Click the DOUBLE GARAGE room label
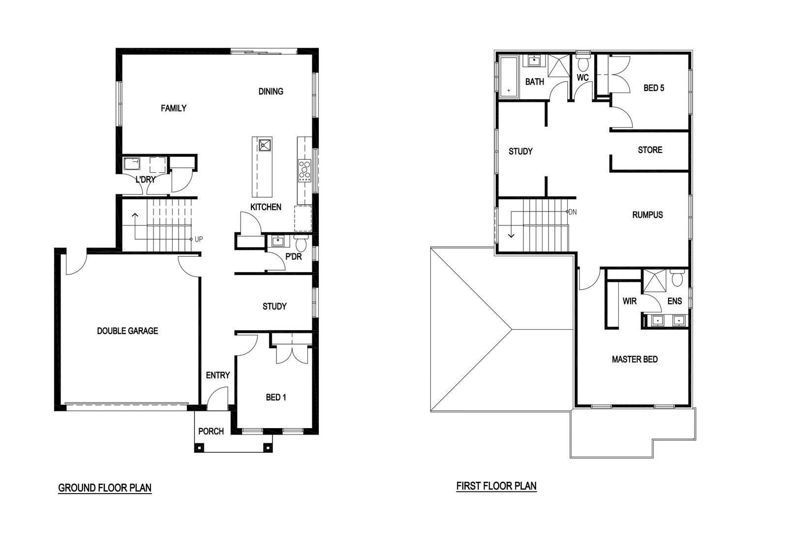(127, 331)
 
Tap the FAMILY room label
(174, 108)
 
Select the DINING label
(271, 92)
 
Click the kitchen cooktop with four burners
(304, 170)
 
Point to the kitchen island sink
(265, 145)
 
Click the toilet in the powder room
(301, 242)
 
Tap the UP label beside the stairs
(199, 239)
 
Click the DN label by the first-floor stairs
(573, 212)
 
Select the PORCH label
(211, 431)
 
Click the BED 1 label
(276, 398)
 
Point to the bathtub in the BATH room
(509, 77)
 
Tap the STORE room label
(650, 150)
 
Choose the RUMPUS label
(647, 215)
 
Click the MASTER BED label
(635, 359)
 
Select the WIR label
(630, 301)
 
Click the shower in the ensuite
(654, 280)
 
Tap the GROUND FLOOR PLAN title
(105, 488)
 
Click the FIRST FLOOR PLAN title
(496, 486)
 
